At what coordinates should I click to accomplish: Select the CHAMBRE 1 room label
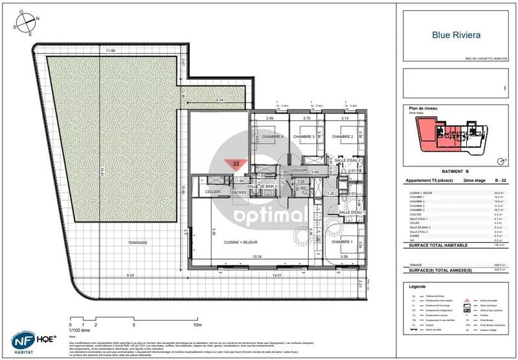(343, 242)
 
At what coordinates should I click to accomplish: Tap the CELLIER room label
(213, 192)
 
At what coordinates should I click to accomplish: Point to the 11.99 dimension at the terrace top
(111, 50)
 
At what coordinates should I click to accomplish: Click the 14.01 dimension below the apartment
(278, 276)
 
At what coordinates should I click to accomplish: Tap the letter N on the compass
(38, 18)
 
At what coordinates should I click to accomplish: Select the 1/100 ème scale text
(80, 331)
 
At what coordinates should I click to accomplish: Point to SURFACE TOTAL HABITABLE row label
(431, 246)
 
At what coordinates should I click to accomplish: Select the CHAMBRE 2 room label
(343, 137)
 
